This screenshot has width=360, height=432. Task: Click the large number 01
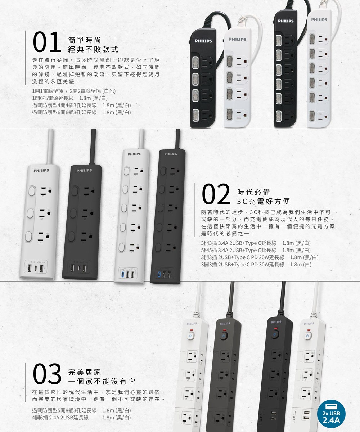point(46,42)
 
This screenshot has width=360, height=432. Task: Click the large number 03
point(47,374)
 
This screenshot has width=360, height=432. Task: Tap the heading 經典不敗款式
point(93,49)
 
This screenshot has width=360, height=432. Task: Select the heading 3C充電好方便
point(264,201)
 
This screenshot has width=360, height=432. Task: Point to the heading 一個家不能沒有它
point(102,381)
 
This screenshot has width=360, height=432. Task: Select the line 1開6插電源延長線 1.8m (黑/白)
point(70,98)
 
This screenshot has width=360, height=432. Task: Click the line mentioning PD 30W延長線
point(256,264)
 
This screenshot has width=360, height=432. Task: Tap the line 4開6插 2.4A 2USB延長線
point(81,417)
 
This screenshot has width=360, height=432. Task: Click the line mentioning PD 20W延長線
point(260,257)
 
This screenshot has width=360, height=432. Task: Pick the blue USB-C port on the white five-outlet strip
point(123,275)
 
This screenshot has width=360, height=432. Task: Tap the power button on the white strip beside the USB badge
point(307,336)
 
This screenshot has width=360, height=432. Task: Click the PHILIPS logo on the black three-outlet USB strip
point(84,171)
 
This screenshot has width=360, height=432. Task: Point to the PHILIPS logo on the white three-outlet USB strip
point(41,171)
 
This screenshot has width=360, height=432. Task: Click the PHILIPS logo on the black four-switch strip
point(203,41)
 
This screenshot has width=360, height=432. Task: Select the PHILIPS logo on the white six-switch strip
point(319,20)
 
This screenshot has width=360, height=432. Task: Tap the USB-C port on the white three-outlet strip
point(35,269)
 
